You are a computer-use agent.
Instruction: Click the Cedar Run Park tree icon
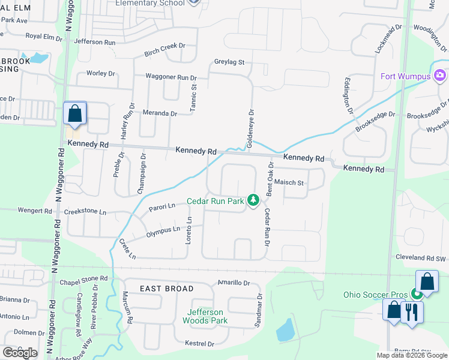253,200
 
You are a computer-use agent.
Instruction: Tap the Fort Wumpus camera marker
439,76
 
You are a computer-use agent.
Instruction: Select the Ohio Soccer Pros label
375,295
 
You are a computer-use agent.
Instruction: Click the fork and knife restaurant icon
411,312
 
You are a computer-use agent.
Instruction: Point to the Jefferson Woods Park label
205,316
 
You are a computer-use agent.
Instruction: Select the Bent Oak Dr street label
270,179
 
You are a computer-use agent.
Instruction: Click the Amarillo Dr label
233,282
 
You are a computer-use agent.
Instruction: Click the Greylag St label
229,62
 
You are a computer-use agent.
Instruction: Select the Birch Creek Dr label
165,53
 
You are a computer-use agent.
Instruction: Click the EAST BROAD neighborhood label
167,289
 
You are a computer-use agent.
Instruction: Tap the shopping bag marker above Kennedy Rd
75,113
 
